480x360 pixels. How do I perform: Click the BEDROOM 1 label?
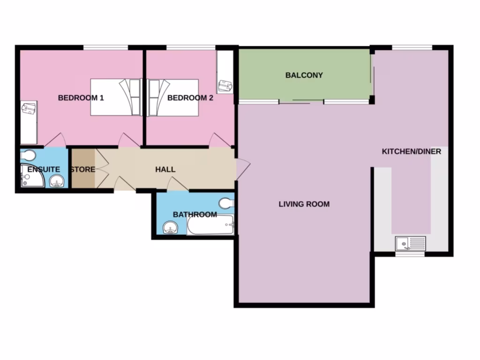coord(81,98)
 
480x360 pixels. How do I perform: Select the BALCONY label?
coord(304,75)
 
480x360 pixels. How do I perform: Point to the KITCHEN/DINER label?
coord(411,151)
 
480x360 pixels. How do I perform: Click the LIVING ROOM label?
coord(304,204)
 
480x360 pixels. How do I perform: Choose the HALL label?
coord(165,169)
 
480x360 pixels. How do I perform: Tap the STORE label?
coord(82,169)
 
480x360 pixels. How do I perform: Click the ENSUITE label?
coord(44,169)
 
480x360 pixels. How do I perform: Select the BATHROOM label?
coord(195,214)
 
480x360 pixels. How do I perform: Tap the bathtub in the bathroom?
coord(210,226)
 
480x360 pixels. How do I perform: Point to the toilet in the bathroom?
coord(226,202)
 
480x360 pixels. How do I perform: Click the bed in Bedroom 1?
coord(116,97)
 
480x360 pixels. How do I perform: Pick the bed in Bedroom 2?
coord(173,97)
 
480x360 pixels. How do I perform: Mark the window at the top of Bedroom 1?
coord(105,47)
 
